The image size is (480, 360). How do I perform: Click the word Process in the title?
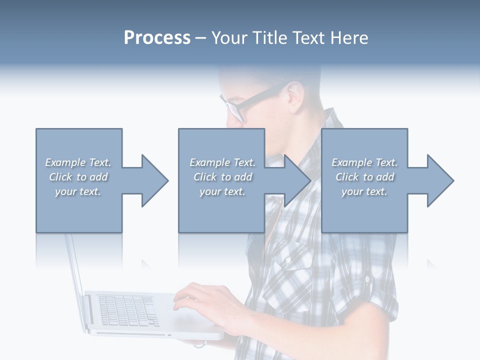(x=157, y=37)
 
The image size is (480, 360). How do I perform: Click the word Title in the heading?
(x=268, y=37)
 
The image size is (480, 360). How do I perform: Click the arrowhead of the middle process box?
(x=296, y=180)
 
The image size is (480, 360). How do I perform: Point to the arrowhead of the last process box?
(x=439, y=180)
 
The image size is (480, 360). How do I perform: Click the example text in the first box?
(x=78, y=177)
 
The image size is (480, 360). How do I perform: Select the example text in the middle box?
(x=222, y=177)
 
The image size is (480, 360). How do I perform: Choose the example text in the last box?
(x=364, y=177)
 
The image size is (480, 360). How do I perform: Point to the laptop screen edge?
(x=75, y=265)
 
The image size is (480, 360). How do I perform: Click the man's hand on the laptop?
(x=200, y=300)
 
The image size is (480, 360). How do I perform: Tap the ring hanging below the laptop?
(x=199, y=343)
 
